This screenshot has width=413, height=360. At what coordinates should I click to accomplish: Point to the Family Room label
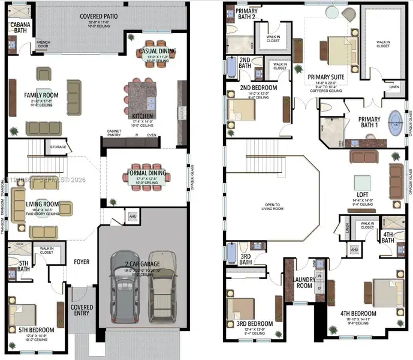[x=41, y=95]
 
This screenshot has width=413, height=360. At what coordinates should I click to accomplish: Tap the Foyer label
[x=82, y=262]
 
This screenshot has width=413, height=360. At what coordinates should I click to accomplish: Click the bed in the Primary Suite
[x=333, y=47]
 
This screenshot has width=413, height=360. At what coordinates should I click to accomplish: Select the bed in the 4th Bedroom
[x=384, y=292]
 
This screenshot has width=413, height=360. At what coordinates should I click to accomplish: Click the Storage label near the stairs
[x=58, y=146]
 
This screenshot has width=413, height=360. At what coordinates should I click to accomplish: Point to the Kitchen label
[x=143, y=116]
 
